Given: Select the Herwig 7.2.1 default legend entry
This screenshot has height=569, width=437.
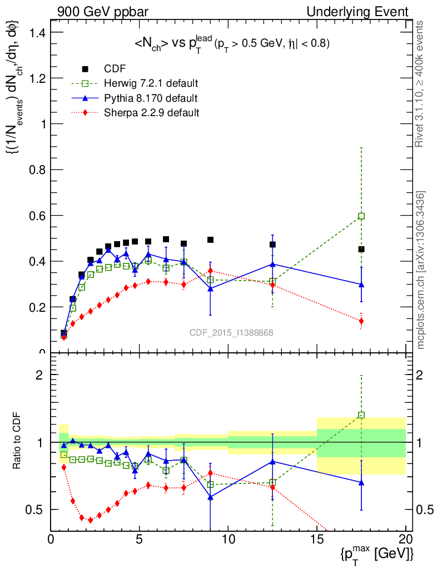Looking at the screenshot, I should (151, 83).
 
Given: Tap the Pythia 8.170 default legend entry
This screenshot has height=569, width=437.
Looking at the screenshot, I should (150, 98).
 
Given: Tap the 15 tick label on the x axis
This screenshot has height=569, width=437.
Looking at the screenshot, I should (316, 540).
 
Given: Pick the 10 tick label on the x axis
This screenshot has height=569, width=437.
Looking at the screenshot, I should (228, 540).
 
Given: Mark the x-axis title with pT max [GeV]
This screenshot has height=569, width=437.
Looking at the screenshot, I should (378, 553).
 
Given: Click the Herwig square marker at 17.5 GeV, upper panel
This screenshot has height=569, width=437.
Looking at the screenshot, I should (361, 216).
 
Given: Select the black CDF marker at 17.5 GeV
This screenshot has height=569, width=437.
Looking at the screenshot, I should (361, 249).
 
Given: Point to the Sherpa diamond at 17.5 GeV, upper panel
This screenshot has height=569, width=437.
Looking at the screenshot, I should (361, 321).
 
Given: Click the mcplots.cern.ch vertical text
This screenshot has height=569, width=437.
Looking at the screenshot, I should (421, 270).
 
